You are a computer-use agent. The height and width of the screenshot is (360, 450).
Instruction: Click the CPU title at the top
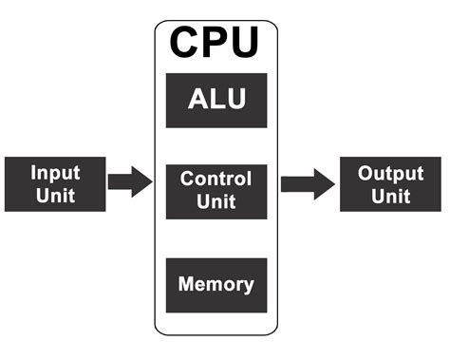point(216,43)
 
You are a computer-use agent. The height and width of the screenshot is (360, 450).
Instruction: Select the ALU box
point(216,101)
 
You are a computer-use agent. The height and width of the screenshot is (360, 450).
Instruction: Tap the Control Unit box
point(216,190)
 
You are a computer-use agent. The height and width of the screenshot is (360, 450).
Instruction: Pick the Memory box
point(216,284)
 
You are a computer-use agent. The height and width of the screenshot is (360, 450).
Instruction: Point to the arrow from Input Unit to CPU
point(129,180)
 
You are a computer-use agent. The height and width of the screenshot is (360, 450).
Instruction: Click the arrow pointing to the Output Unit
point(307,182)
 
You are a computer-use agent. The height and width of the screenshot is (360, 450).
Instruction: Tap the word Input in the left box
point(54,173)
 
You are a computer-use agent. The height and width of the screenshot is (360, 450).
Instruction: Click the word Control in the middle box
point(216,179)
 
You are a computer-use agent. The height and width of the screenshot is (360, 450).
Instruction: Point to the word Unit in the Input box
point(54,197)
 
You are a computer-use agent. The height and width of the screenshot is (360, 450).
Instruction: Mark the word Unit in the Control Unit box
point(216,202)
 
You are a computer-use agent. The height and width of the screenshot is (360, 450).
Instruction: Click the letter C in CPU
point(187,43)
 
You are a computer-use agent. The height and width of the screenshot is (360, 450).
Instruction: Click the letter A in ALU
point(197,101)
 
